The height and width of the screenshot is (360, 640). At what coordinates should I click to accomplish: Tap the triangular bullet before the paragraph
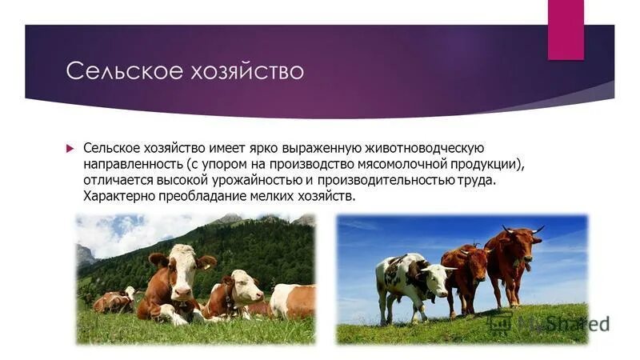pos(69,148)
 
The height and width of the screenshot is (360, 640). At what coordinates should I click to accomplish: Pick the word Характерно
pos(119,197)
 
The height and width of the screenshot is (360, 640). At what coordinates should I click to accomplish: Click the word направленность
pos(128,165)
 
